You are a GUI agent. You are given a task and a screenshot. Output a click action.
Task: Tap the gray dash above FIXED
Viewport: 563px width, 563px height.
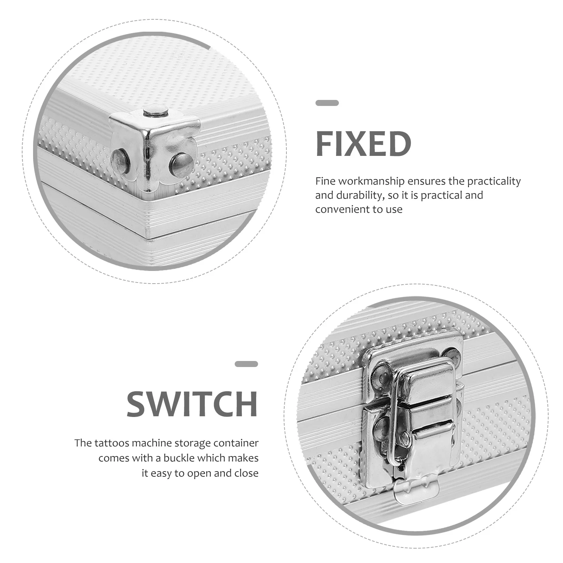(x=327, y=103)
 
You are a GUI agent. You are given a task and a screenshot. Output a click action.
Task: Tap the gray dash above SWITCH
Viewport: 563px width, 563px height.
(x=246, y=364)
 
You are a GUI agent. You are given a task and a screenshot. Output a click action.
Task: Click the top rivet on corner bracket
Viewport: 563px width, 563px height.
(x=156, y=113)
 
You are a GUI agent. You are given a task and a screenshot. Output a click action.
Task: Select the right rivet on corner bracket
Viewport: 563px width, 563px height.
(x=181, y=165)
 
